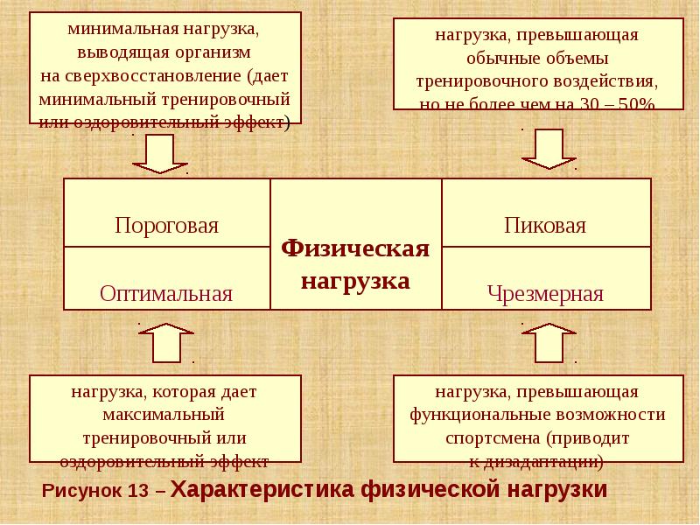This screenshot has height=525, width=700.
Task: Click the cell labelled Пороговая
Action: coord(166,225)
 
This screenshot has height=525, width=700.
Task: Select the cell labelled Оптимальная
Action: coord(166,292)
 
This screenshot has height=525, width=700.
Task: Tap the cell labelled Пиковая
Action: coord(545,225)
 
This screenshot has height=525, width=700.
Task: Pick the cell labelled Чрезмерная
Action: coord(545,293)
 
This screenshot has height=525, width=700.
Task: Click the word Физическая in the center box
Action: coord(355,249)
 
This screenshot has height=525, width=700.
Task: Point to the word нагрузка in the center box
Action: coord(355,281)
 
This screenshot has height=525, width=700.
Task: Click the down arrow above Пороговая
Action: coord(160,154)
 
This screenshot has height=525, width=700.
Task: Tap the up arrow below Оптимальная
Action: coord(165,342)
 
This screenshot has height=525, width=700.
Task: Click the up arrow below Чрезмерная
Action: coord(549,342)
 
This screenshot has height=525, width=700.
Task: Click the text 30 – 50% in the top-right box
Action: coord(624,104)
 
